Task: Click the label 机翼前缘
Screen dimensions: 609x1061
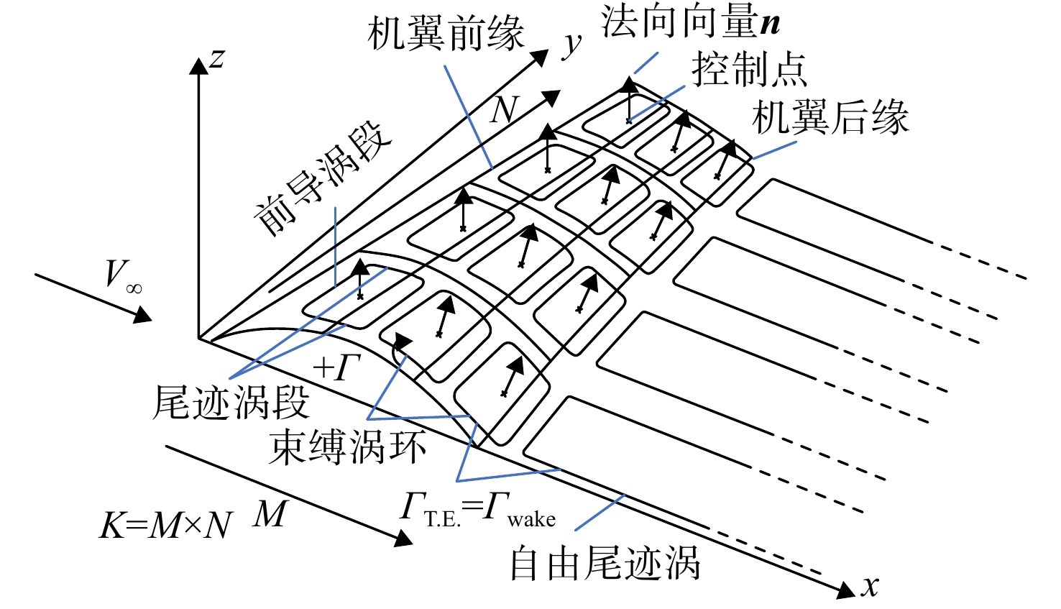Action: click(x=446, y=34)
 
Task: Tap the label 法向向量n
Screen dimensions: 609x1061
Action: click(x=690, y=22)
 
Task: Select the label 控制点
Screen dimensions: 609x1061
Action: click(x=749, y=69)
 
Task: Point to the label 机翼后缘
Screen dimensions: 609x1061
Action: click(x=830, y=117)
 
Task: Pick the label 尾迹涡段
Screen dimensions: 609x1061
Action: click(x=231, y=403)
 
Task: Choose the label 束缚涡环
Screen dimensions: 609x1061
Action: click(x=348, y=447)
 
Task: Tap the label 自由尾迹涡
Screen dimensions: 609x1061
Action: click(x=605, y=563)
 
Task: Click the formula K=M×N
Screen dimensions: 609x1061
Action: click(x=166, y=526)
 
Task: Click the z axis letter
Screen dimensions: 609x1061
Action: click(x=217, y=58)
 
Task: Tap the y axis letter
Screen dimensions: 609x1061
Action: click(x=571, y=45)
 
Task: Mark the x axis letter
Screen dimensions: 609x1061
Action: click(x=871, y=586)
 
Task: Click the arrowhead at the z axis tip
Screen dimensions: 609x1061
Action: click(x=198, y=65)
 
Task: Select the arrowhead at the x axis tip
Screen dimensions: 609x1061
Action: click(x=846, y=590)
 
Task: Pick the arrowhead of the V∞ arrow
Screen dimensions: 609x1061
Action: click(x=142, y=314)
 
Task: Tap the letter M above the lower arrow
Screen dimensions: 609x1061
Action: click(x=270, y=514)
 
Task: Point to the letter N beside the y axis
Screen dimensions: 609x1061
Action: click(x=505, y=110)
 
